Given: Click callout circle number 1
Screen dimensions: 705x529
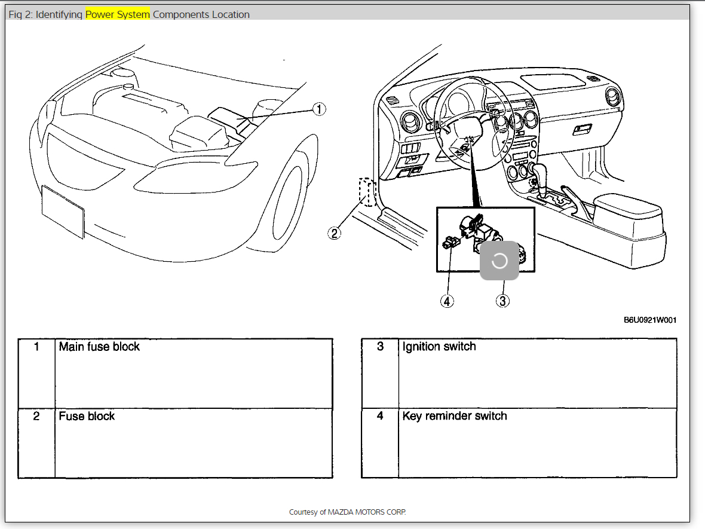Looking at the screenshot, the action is [320, 109].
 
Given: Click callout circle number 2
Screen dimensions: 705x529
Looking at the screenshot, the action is [334, 233].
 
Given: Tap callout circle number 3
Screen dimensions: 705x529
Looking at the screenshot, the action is [502, 301].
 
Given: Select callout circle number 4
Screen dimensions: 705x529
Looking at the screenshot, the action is [447, 301].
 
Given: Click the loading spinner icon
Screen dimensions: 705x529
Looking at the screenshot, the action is [499, 261].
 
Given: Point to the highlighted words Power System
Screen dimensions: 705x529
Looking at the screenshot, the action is [118, 14].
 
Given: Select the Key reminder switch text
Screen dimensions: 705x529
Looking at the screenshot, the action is [455, 416].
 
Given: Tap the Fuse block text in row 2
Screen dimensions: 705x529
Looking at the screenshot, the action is [87, 416].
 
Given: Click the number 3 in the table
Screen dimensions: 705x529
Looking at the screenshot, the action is [381, 347].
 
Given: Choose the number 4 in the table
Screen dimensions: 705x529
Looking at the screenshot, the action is [381, 416].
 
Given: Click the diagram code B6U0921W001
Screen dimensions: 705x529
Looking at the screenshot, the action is [650, 320].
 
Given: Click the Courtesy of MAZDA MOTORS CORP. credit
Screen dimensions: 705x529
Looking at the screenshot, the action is [347, 512].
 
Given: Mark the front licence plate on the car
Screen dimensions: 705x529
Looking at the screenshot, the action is [63, 212].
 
